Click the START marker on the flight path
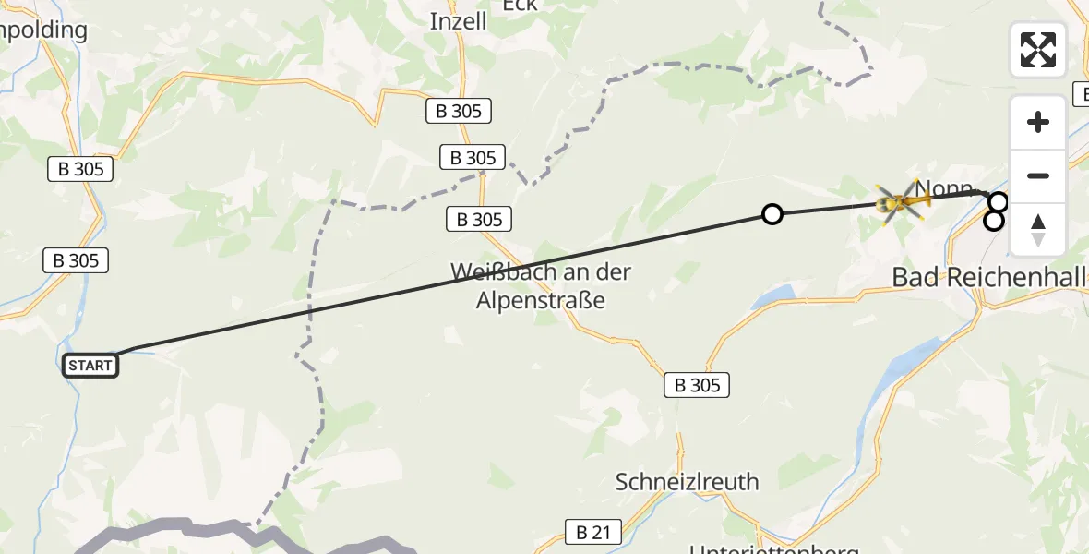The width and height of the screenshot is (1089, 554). tap(90, 366)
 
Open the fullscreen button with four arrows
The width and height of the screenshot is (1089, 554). tap(1038, 50)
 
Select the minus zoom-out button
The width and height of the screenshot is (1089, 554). tap(1038, 175)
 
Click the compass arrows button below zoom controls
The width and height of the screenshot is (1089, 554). tap(1038, 230)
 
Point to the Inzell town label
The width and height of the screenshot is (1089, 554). tap(458, 21)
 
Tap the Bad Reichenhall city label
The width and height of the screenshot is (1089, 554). tap(989, 276)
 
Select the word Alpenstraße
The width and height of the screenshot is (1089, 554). tap(541, 300)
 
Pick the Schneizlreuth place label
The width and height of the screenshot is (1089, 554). tap(688, 481)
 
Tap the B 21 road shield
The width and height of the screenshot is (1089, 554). tap(592, 532)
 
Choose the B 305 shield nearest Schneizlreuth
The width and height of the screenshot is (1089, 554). tap(697, 385)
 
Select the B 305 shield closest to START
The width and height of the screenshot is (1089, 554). tap(76, 260)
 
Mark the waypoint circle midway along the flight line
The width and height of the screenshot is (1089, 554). tap(772, 214)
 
